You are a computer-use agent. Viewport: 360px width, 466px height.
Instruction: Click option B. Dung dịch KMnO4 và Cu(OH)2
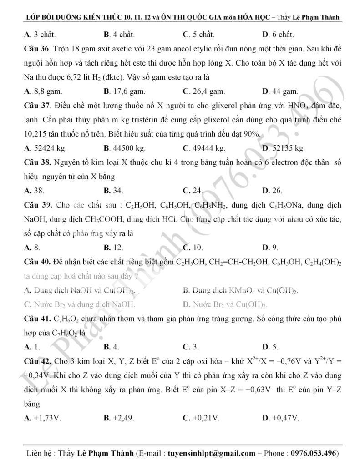tap(241, 290)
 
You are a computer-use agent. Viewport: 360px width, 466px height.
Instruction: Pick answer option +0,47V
tap(283, 417)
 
